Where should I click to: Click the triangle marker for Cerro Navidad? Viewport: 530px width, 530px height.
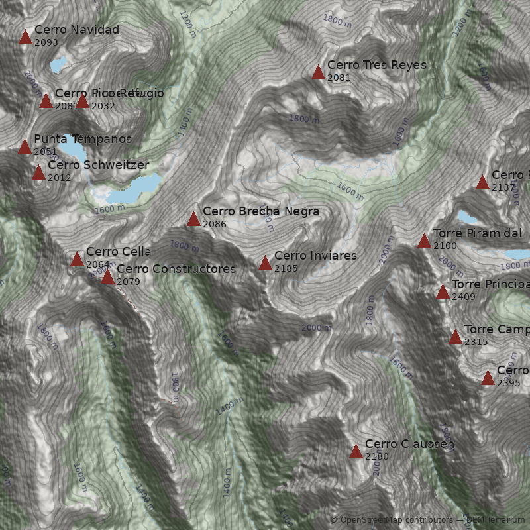25,38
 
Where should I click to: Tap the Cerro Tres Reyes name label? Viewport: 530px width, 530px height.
376,65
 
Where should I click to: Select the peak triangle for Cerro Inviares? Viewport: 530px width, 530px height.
265,264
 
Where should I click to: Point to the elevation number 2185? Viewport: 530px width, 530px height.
286,269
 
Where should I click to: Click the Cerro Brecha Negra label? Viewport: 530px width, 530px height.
260,211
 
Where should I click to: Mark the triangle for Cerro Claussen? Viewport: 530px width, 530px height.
356,452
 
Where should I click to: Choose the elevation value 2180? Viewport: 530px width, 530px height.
376,457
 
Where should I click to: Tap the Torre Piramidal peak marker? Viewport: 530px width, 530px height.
424,241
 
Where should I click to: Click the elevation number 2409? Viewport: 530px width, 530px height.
464,297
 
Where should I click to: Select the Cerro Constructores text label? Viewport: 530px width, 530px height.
176,269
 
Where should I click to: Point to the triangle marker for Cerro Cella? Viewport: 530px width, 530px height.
77,260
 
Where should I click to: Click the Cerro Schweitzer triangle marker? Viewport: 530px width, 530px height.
38,173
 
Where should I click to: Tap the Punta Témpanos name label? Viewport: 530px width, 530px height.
82,139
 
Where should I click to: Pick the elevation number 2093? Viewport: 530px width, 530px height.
46,42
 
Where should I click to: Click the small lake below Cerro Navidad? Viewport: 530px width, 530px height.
58,65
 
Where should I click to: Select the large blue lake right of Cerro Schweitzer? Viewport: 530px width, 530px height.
136,189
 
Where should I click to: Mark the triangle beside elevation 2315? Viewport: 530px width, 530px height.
455,337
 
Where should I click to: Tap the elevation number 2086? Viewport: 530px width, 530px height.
215,225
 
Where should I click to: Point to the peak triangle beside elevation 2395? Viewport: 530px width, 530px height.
488,378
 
